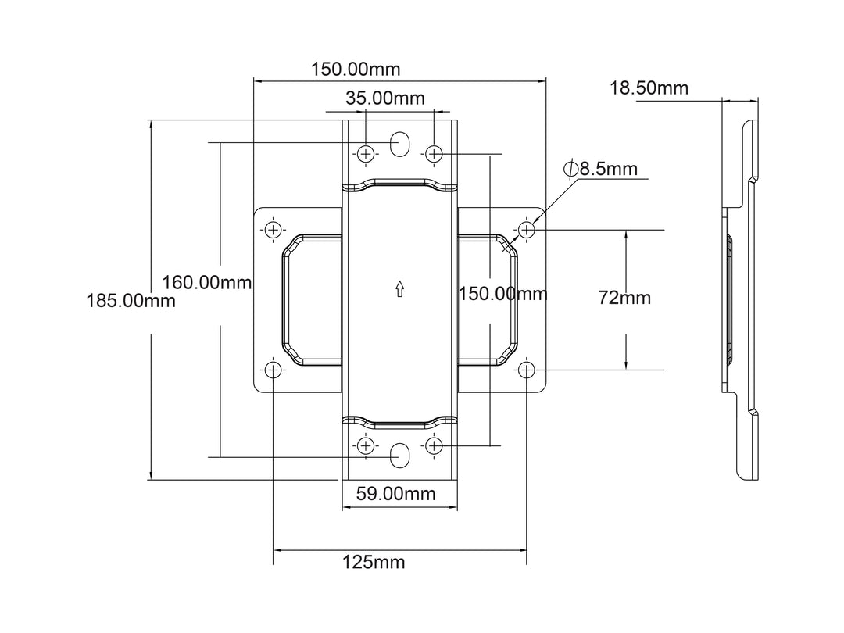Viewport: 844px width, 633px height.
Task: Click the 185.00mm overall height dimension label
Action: (131, 301)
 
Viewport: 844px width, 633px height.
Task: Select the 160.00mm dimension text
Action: (207, 282)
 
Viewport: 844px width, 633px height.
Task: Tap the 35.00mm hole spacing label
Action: (385, 98)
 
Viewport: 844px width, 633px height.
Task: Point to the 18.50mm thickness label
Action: (649, 88)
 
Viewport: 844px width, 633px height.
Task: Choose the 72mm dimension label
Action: (624, 298)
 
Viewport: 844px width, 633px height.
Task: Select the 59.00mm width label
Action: (396, 494)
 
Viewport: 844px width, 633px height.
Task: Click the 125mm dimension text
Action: (374, 562)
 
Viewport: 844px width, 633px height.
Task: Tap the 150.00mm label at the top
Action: (356, 70)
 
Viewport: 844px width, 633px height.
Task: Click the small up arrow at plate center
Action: (399, 289)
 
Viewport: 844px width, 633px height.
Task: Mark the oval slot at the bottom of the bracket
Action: (400, 455)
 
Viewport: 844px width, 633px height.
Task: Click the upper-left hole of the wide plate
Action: (273, 230)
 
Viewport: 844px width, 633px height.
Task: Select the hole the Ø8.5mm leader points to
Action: (527, 230)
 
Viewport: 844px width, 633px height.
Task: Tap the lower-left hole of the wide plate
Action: (273, 370)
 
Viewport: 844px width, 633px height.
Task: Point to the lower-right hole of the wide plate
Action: (527, 370)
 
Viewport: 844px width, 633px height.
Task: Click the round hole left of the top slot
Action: (366, 153)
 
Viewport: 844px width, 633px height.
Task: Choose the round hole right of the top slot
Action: (434, 153)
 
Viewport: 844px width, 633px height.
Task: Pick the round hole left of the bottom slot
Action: (366, 445)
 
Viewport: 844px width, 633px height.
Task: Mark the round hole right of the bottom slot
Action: (434, 445)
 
